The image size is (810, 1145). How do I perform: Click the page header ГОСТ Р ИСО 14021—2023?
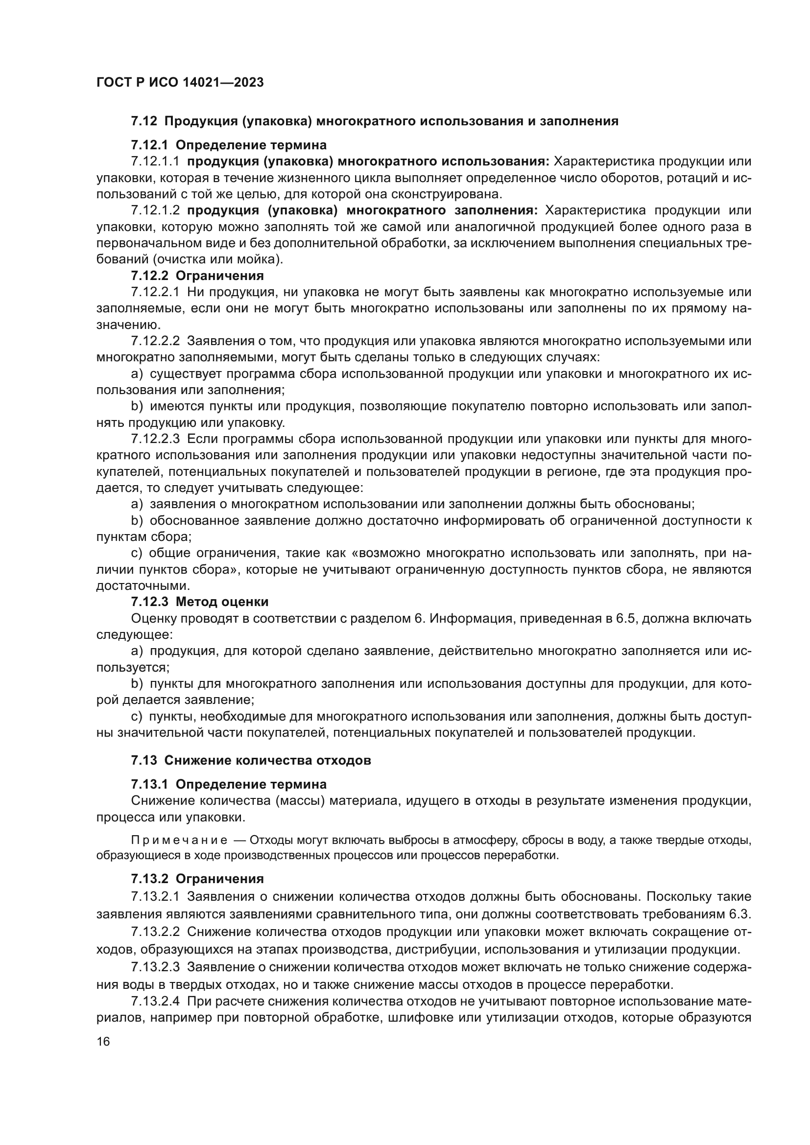click(180, 83)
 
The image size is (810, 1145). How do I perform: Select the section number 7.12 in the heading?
click(144, 121)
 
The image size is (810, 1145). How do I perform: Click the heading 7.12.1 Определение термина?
click(228, 145)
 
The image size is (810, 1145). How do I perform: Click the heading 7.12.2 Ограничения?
click(197, 276)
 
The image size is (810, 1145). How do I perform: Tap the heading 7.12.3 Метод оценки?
click(199, 602)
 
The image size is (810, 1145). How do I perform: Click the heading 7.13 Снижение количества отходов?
click(250, 761)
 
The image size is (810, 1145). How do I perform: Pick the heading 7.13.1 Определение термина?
click(228, 784)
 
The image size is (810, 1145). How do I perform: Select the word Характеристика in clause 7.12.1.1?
click(603, 162)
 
